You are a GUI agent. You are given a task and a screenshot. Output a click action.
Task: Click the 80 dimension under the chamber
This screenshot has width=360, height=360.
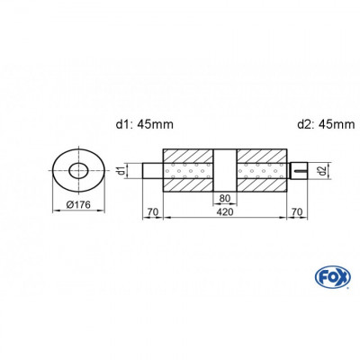[225, 200]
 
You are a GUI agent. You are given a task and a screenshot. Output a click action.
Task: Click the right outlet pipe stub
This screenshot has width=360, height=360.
[299, 168]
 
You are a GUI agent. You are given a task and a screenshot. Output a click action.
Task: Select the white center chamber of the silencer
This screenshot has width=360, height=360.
[225, 168]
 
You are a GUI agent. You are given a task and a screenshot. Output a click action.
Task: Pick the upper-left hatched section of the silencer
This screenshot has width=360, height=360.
[187, 155]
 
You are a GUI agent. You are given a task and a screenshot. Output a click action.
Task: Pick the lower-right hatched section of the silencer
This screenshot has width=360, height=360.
[263, 184]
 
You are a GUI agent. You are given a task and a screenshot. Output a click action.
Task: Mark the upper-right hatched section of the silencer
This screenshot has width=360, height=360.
[263, 155]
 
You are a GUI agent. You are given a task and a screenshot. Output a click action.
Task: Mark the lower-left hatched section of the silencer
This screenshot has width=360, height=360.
[187, 184]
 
